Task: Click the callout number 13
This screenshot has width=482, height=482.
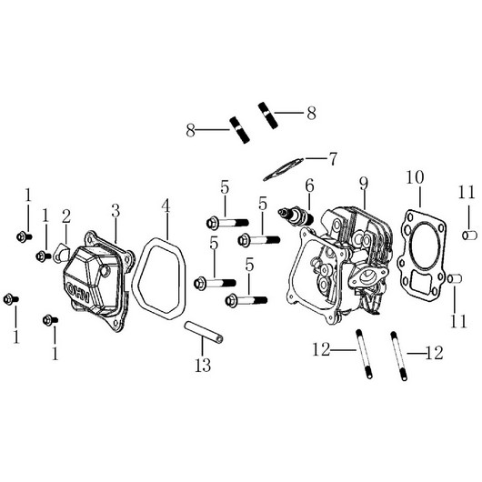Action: [x=203, y=365]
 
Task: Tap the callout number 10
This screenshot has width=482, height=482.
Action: [x=415, y=177]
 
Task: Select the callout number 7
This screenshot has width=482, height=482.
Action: [x=333, y=159]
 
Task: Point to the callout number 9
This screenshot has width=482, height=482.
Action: [x=364, y=184]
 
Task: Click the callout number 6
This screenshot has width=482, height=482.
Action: [x=309, y=186]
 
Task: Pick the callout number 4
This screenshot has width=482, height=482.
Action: [x=166, y=206]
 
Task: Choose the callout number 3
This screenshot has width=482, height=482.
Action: [x=115, y=211]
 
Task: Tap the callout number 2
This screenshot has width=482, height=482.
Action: [x=66, y=216]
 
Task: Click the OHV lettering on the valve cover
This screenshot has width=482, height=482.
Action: [x=78, y=292]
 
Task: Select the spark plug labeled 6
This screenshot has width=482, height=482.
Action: [x=296, y=216]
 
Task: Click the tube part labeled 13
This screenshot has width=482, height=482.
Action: [x=204, y=332]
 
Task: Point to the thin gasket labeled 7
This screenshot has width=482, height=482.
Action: [x=283, y=169]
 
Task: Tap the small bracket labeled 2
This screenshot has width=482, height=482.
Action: [x=61, y=254]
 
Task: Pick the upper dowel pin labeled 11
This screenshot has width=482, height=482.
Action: [x=469, y=236]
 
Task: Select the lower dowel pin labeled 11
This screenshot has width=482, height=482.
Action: [x=455, y=278]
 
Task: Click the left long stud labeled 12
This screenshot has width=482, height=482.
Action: [x=365, y=354]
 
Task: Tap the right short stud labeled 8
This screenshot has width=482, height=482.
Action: [x=268, y=115]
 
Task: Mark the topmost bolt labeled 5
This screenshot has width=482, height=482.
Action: [x=227, y=222]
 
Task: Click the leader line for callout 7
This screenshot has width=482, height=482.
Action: [x=316, y=158]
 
